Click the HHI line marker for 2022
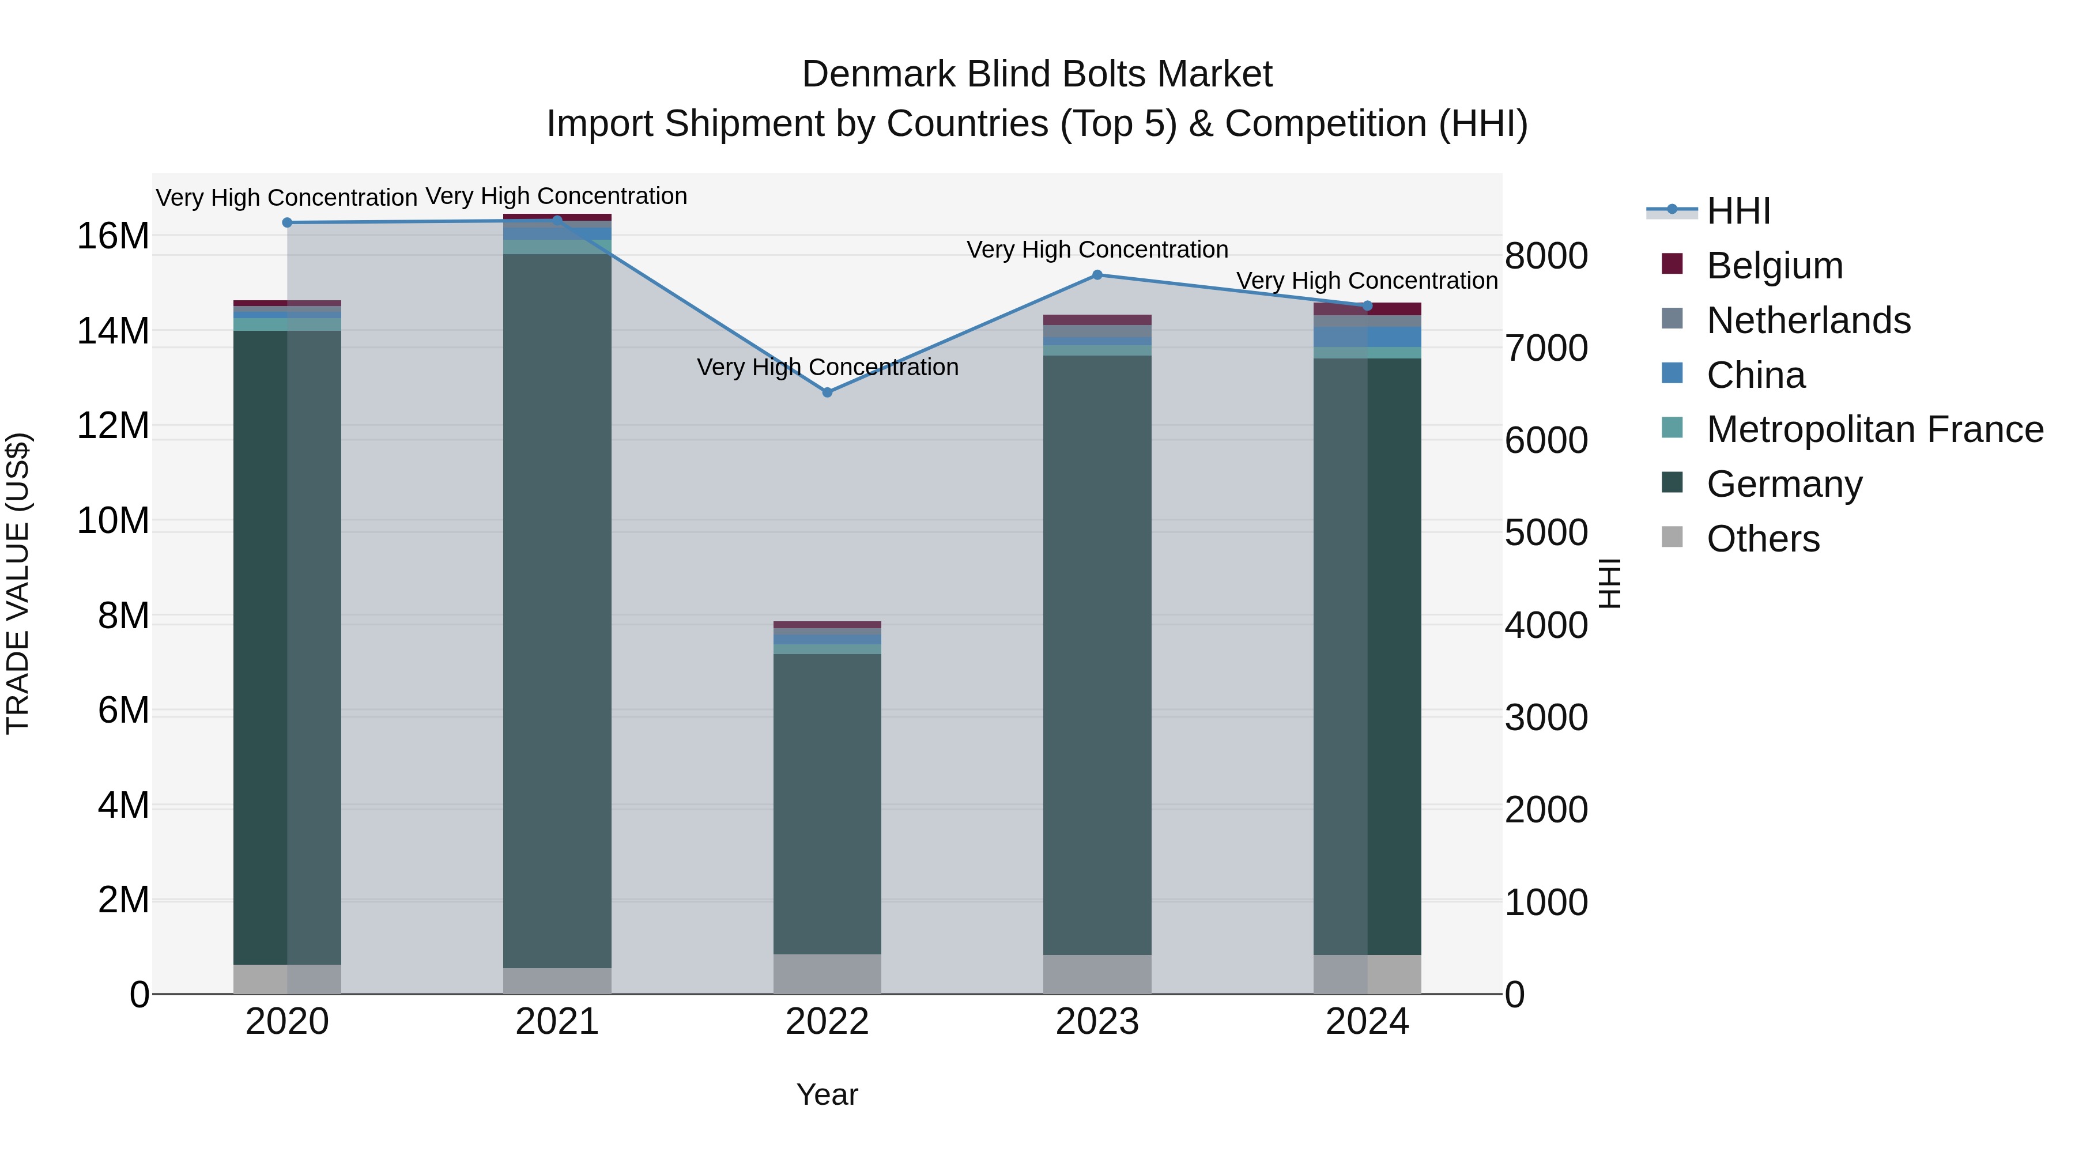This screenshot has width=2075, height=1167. (827, 392)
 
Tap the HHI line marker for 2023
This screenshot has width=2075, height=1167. (1097, 275)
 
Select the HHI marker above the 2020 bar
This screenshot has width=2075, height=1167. (287, 222)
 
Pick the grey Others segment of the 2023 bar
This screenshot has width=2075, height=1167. (1097, 975)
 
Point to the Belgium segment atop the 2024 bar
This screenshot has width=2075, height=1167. (1367, 308)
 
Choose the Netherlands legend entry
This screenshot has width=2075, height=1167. (1808, 320)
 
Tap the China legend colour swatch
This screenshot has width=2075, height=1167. (1672, 373)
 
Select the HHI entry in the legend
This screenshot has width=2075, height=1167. (1738, 211)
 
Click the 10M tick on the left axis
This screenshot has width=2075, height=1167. (113, 521)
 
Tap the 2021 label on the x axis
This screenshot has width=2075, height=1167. (557, 1022)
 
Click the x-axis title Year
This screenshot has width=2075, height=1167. (827, 1094)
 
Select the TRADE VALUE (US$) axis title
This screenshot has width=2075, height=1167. (18, 583)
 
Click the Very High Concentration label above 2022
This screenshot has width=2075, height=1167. (827, 367)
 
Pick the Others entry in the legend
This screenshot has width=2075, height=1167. (1763, 539)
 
